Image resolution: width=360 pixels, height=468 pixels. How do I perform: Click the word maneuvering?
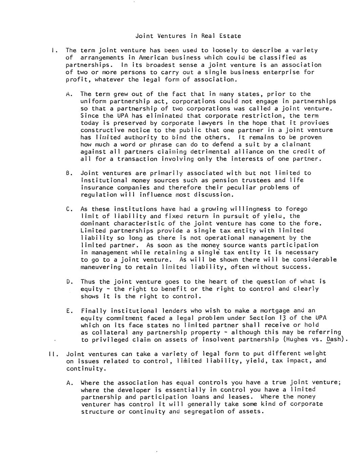(101, 267)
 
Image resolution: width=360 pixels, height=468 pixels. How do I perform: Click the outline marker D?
(69, 282)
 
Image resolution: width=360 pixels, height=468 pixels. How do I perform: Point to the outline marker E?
(69, 311)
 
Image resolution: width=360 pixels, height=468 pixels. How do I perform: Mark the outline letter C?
(69, 209)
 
